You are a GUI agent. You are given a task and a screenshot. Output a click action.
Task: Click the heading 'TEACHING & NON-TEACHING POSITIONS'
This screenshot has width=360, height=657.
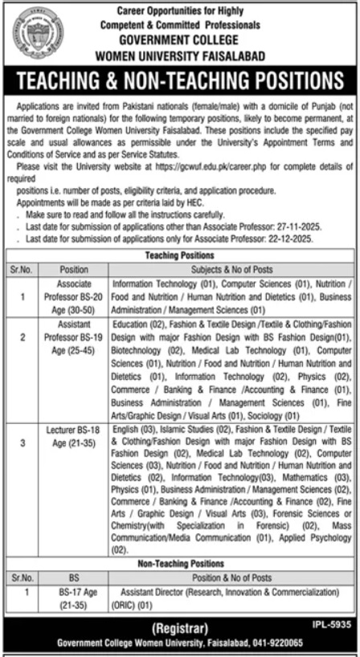180,82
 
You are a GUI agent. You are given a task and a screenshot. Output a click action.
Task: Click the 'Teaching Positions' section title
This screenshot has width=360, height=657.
179,253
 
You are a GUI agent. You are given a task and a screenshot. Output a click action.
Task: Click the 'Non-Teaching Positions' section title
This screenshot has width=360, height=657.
179,564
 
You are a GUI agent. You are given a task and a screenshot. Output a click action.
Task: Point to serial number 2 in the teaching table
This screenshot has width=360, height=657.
23,339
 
